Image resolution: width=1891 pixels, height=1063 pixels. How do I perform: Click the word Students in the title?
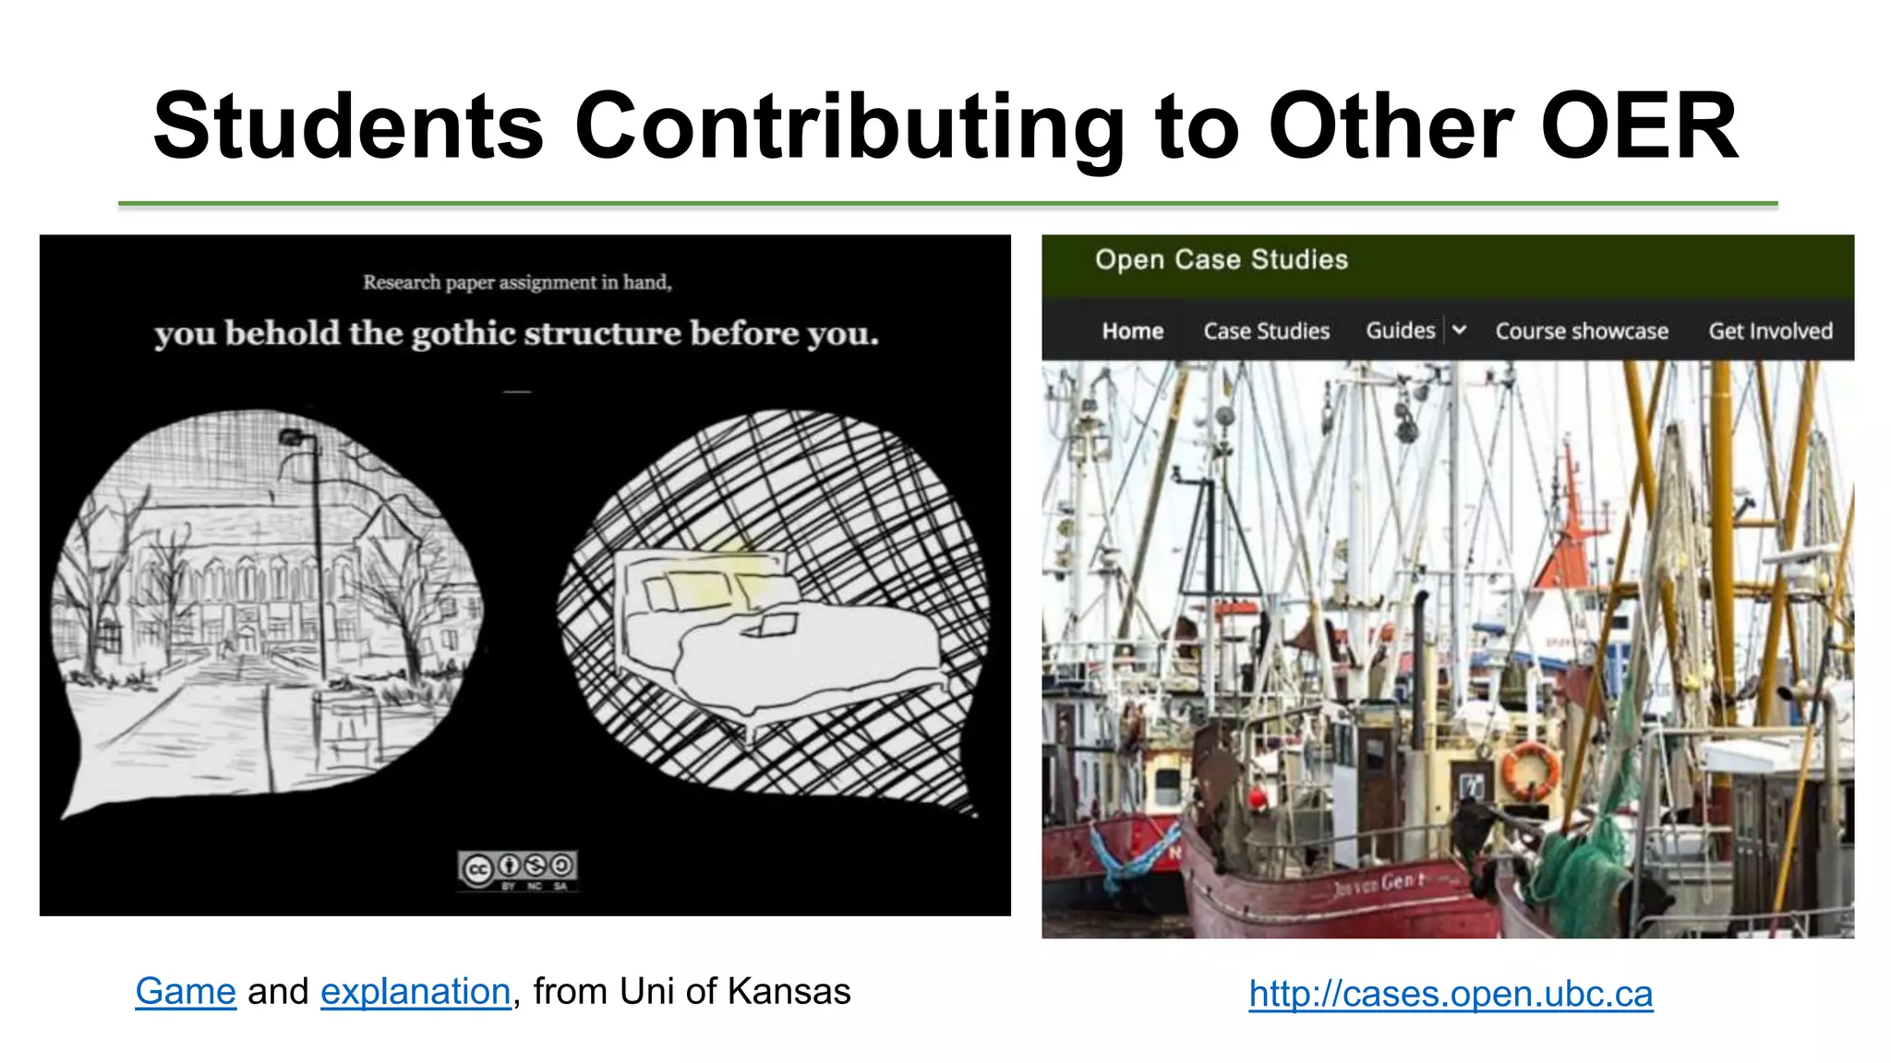click(348, 126)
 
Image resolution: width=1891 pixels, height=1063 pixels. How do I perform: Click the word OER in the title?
click(1640, 126)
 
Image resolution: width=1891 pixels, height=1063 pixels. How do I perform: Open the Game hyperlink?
click(186, 992)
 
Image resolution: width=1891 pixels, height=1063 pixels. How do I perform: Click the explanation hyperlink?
click(416, 992)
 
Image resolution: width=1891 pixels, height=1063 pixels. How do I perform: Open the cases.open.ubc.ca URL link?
click(1451, 994)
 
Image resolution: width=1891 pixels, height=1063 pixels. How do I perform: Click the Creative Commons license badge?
click(518, 869)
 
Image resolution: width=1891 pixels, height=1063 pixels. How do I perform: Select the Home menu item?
click(1132, 331)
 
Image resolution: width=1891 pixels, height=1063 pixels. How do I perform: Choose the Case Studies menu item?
click(1266, 331)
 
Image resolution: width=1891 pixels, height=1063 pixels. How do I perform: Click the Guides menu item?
click(1400, 330)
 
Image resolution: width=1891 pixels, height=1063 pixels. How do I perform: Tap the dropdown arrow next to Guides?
click(1459, 330)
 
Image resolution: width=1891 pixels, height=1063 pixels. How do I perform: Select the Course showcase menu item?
click(1582, 331)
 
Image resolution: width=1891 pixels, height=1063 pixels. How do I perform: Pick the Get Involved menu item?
click(1770, 331)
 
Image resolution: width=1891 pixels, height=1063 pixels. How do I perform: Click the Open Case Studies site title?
click(1221, 260)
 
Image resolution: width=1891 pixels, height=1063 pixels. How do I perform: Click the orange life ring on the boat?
click(1529, 770)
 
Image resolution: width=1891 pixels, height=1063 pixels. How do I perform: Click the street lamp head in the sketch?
click(294, 437)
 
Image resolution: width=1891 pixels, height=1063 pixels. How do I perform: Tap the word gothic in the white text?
click(463, 334)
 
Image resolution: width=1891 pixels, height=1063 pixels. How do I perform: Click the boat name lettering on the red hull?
click(1379, 885)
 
